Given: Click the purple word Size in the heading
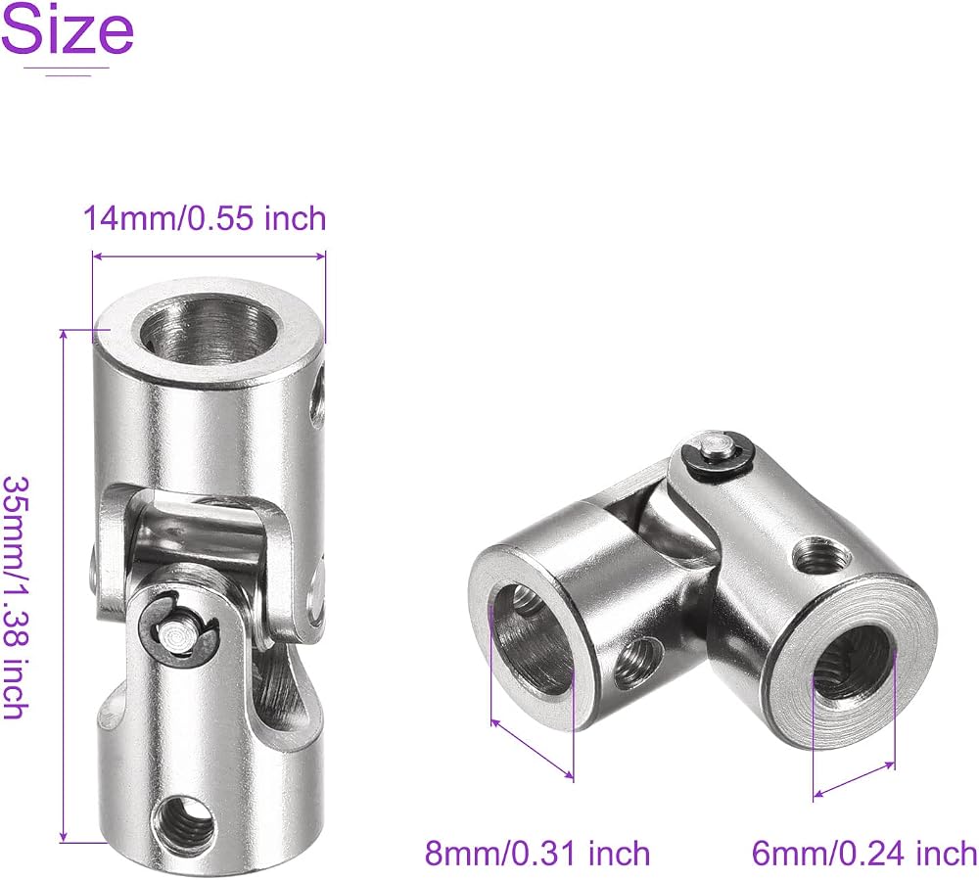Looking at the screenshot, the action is click(68, 29).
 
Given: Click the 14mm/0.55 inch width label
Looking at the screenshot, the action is click(205, 218).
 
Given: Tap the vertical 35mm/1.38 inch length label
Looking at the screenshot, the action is click(17, 598).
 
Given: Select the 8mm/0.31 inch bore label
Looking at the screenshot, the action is click(537, 854).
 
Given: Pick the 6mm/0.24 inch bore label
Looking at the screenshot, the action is click(864, 854).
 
